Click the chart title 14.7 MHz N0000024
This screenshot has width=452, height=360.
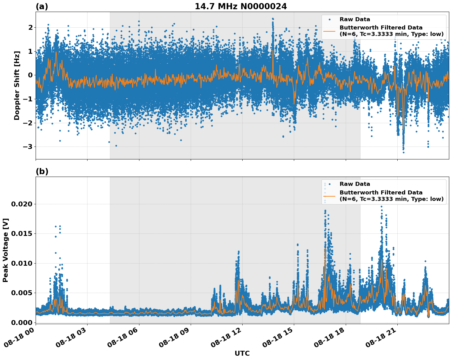click(241, 6)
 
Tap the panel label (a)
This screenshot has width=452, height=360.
click(42, 6)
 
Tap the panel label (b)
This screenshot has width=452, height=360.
click(42, 171)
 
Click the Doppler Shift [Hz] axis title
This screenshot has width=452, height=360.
click(17, 85)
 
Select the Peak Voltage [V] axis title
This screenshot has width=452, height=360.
click(5, 250)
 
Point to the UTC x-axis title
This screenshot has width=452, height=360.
click(242, 353)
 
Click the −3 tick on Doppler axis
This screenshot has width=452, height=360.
click(28, 147)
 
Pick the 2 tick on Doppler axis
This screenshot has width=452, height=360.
click(30, 28)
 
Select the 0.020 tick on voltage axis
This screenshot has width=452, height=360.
click(21, 204)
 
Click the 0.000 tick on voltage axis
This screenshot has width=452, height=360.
click(21, 323)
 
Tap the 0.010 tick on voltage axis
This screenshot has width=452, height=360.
click(21, 263)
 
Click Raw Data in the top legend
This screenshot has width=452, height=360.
click(355, 19)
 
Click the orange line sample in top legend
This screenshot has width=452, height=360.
click(329, 31)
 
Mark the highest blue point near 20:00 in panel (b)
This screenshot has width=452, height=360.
click(381, 207)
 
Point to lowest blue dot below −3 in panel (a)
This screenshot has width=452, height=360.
click(403, 152)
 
